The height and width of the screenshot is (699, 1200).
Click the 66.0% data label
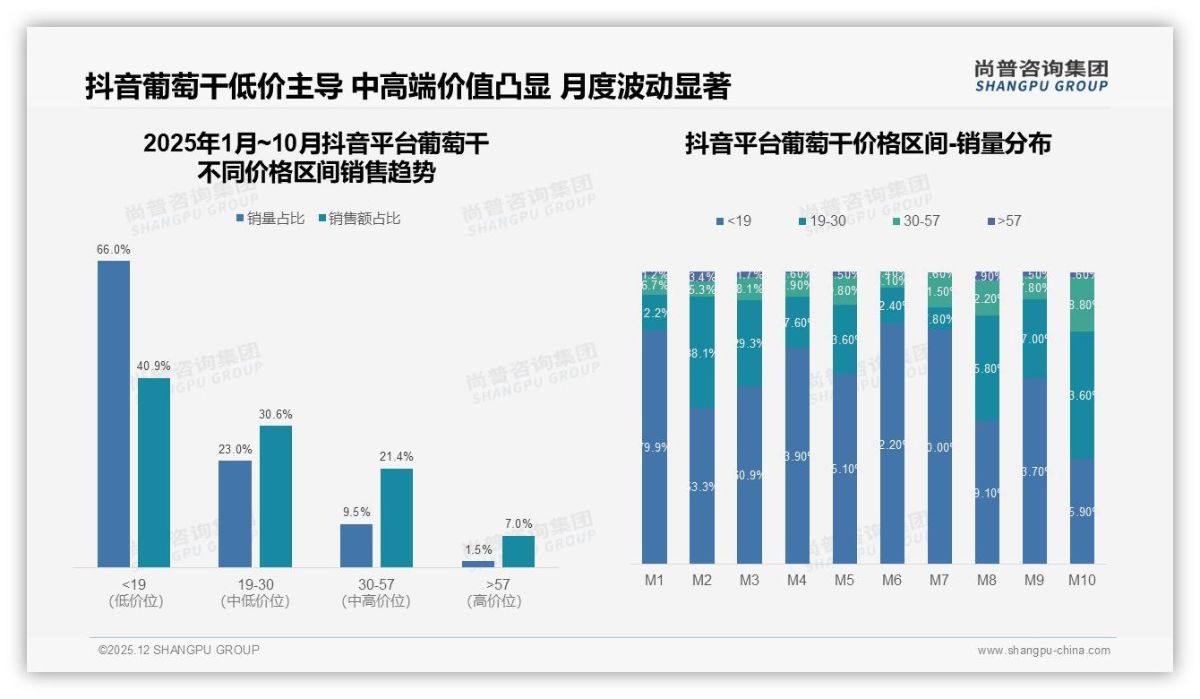click(x=114, y=249)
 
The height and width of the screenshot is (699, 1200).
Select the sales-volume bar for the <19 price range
click(x=114, y=412)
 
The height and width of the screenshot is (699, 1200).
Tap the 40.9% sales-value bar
click(x=154, y=472)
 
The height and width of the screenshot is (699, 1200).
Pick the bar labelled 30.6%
click(x=276, y=496)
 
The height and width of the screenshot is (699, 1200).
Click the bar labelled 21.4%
click(x=397, y=517)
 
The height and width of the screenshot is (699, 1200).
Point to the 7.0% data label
click(x=519, y=523)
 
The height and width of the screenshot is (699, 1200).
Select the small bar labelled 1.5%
click(x=478, y=564)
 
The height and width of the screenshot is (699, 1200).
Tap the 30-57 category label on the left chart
click(x=376, y=584)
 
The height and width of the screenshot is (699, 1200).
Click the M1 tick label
click(x=655, y=580)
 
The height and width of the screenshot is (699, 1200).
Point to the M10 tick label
click(x=1082, y=580)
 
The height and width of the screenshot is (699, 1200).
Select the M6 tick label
click(x=892, y=580)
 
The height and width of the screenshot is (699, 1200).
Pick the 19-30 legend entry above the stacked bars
click(x=822, y=220)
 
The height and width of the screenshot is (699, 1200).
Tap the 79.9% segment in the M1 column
click(x=655, y=446)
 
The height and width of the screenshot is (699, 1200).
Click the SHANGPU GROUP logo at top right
click(x=1041, y=75)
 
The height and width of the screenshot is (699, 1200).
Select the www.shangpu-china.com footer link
click(x=1043, y=651)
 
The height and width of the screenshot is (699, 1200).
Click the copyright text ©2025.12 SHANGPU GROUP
click(x=179, y=650)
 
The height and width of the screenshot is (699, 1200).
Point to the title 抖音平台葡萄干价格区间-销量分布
click(x=868, y=143)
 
